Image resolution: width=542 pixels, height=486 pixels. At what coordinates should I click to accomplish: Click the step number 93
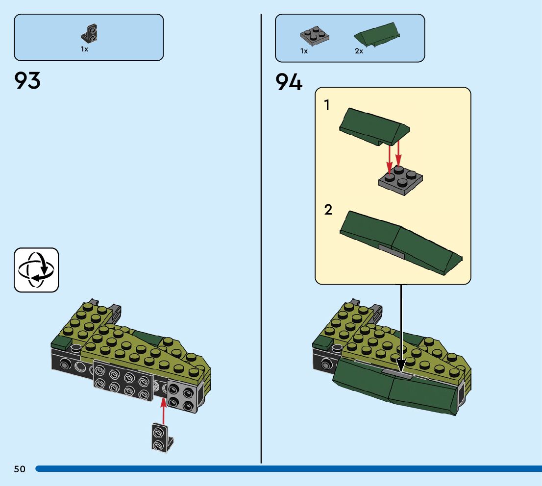point(27,81)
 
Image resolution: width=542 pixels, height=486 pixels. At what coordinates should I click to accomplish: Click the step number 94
point(289,82)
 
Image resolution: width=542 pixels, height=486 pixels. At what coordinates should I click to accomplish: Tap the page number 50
point(20,469)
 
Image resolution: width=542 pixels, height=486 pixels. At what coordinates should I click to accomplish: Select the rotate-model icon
point(36,270)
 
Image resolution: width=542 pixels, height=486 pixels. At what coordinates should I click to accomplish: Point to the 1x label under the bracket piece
point(85,49)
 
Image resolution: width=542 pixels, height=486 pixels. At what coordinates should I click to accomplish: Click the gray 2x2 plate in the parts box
point(314,36)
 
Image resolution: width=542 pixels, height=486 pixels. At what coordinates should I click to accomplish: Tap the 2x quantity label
point(359,51)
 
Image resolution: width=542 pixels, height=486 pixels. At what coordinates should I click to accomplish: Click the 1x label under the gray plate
point(304,51)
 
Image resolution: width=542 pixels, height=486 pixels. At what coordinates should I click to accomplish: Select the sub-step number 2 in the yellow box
point(328,210)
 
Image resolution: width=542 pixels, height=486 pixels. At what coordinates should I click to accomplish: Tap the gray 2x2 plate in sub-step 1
point(401,182)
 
